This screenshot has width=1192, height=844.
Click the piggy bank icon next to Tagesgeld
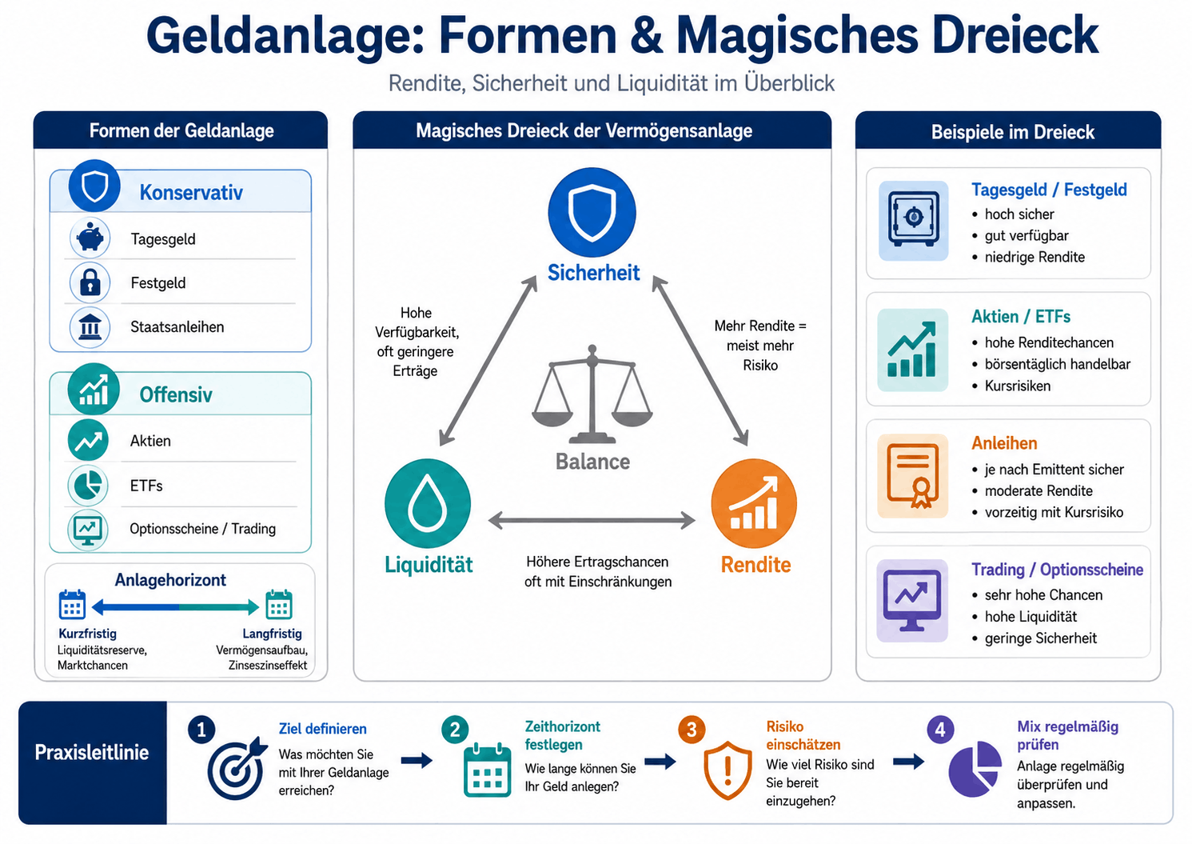pos(90,238)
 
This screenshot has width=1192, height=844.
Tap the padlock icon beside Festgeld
pos(90,282)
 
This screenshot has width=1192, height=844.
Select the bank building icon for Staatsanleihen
pos(90,326)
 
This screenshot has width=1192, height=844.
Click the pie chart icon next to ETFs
pos(88,485)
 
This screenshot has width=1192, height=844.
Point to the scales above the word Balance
pos(592,394)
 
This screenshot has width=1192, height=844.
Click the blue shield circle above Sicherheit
pos(592,212)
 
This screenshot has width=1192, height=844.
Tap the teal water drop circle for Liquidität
pos(427,503)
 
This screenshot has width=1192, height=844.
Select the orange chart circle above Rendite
pos(754,503)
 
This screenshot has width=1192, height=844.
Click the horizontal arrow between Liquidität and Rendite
pos(592,520)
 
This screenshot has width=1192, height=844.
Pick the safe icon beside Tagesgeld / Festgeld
pos(913,221)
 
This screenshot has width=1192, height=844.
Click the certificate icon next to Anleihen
pos(913,475)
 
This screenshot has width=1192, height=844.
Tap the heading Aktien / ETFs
pos(1021,317)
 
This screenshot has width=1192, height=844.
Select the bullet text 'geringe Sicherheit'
pos(1040,638)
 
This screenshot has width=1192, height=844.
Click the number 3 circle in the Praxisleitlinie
pos(692,730)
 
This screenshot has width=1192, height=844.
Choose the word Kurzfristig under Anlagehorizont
pos(87,634)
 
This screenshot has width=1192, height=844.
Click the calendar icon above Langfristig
pos(279,604)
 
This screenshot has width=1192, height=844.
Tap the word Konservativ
pos(191,192)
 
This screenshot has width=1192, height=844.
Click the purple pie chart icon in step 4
pos(975,768)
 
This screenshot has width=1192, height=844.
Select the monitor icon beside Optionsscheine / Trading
pos(88,530)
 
